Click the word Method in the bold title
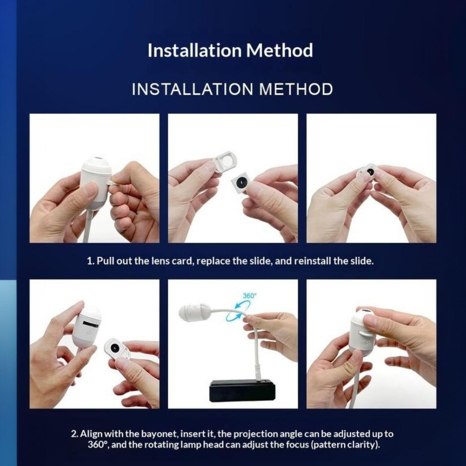[280, 50]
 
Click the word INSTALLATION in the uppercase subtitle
[193, 89]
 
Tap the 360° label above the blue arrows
[250, 296]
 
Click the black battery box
[242, 390]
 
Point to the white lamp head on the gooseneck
[193, 312]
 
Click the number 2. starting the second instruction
[75, 434]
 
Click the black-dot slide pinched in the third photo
[368, 173]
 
